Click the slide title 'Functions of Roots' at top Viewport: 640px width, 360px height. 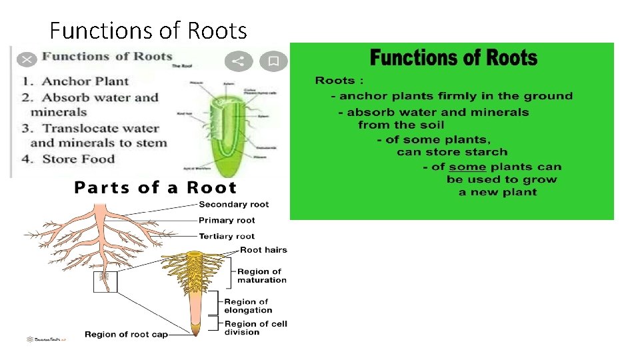click(148, 31)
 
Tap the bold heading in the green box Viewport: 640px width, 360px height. click(453, 58)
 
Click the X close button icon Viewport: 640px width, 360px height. click(27, 60)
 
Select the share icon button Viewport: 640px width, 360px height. click(237, 61)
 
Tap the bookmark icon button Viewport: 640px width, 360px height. click(273, 61)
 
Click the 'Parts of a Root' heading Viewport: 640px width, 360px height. click(155, 187)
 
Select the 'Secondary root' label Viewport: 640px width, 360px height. click(233, 204)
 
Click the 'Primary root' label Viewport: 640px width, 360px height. click(227, 220)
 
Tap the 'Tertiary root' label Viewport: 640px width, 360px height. click(227, 236)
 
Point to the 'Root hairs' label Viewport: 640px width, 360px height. click(263, 250)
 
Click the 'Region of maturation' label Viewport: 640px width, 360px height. click(261, 276)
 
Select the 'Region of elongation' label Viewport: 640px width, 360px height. click(247, 306)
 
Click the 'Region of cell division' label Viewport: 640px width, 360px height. click(255, 328)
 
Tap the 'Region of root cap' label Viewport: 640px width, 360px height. click(126, 334)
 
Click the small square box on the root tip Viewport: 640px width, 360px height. click(105, 281)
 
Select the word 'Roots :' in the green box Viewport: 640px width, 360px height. click(339, 81)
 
